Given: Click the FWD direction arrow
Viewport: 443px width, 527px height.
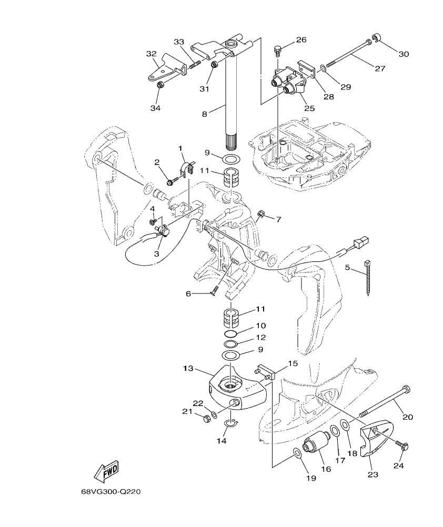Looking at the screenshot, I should coord(106,470).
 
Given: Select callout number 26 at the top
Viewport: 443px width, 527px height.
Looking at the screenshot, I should coord(301,39).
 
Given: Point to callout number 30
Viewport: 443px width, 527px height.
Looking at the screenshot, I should coord(404,54).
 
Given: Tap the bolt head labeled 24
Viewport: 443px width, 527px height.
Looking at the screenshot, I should coord(404,446).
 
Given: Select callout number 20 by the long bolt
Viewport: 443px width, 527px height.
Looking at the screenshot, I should coord(408,417).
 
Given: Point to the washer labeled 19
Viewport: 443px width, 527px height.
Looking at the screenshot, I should coord(297,452).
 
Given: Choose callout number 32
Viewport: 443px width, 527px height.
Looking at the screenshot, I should coord(152,54).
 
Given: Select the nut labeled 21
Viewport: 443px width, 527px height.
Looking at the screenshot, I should coord(207,418).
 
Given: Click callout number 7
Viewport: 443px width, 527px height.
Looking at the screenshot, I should coord(279,219).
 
